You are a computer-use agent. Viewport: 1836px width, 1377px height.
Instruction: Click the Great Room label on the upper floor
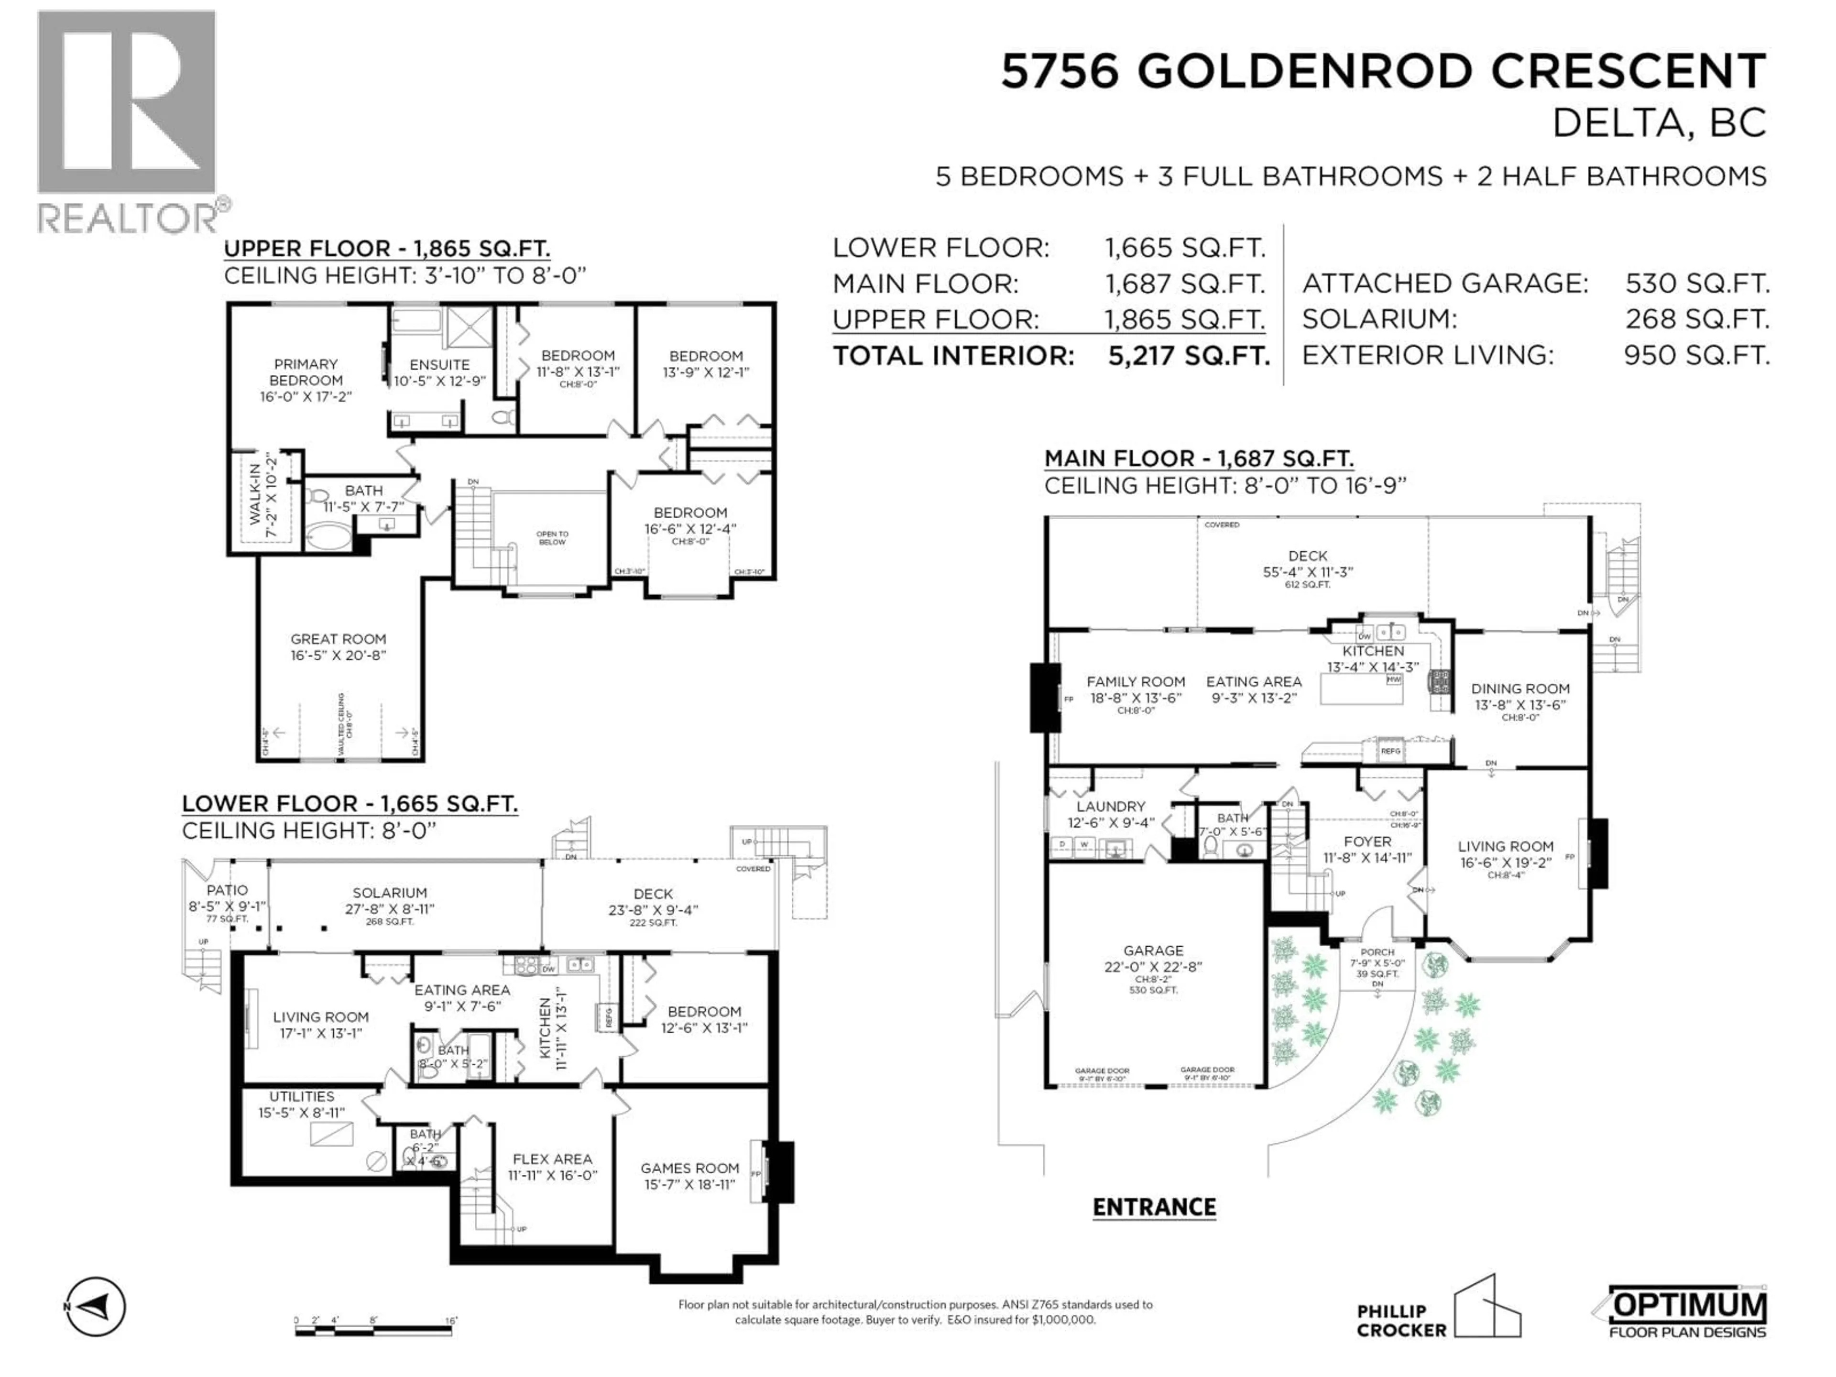click(x=338, y=639)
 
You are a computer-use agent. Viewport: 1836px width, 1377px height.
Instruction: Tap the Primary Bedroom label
click(x=306, y=372)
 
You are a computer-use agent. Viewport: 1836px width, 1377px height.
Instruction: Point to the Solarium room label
click(x=389, y=893)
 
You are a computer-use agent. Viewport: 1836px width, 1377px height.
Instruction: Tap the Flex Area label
click(x=552, y=1158)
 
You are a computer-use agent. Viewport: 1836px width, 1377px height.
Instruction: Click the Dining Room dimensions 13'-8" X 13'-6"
click(x=1520, y=705)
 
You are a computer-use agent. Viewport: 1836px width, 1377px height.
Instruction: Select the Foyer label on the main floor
click(x=1367, y=841)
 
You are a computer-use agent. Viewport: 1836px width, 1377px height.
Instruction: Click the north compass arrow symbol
click(x=96, y=1307)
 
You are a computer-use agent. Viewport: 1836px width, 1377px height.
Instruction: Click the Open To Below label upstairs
click(x=552, y=538)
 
